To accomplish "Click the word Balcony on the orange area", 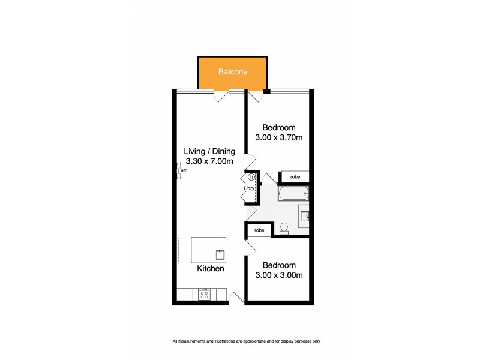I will pyautogui.click(x=233, y=72).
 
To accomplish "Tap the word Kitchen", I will pyautogui.click(x=211, y=269).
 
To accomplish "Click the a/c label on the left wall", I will pyautogui.click(x=184, y=171).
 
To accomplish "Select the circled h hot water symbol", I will pyautogui.click(x=251, y=178).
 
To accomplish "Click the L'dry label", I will pyautogui.click(x=250, y=189).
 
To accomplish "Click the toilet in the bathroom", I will pyautogui.click(x=285, y=227).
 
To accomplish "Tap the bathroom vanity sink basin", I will pyautogui.click(x=305, y=214).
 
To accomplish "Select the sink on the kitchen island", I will pyautogui.click(x=220, y=255).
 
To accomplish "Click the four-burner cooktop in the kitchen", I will pyautogui.click(x=203, y=294).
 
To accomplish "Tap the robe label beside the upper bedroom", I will pyautogui.click(x=295, y=177).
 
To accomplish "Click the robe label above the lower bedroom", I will pyautogui.click(x=259, y=230).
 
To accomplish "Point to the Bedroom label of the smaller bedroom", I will pyautogui.click(x=280, y=265).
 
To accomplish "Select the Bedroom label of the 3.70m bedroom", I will pyautogui.click(x=280, y=128).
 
